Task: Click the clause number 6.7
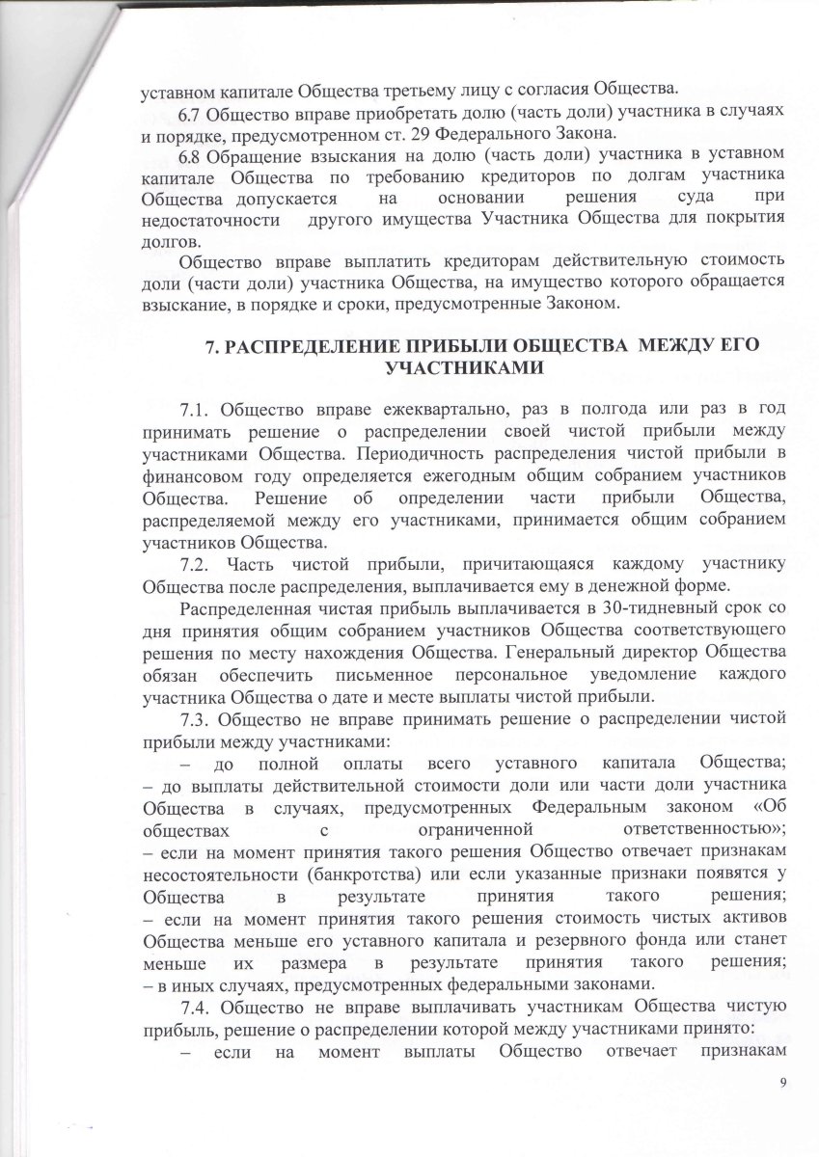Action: (x=193, y=113)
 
